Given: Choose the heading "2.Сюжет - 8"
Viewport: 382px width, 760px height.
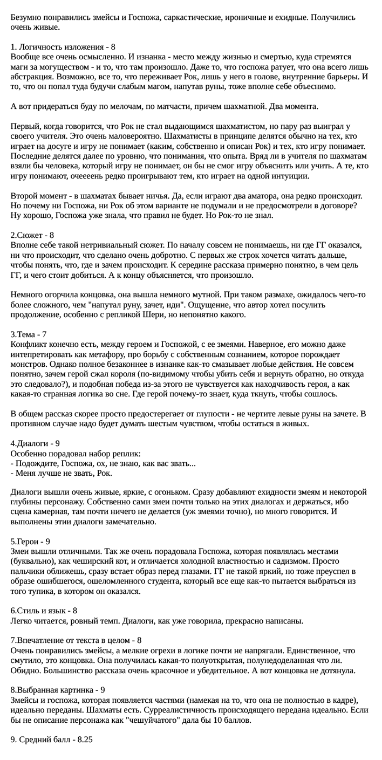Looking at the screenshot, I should [x=32, y=235].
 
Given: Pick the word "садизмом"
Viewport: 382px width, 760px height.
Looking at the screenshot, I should [x=306, y=562].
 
